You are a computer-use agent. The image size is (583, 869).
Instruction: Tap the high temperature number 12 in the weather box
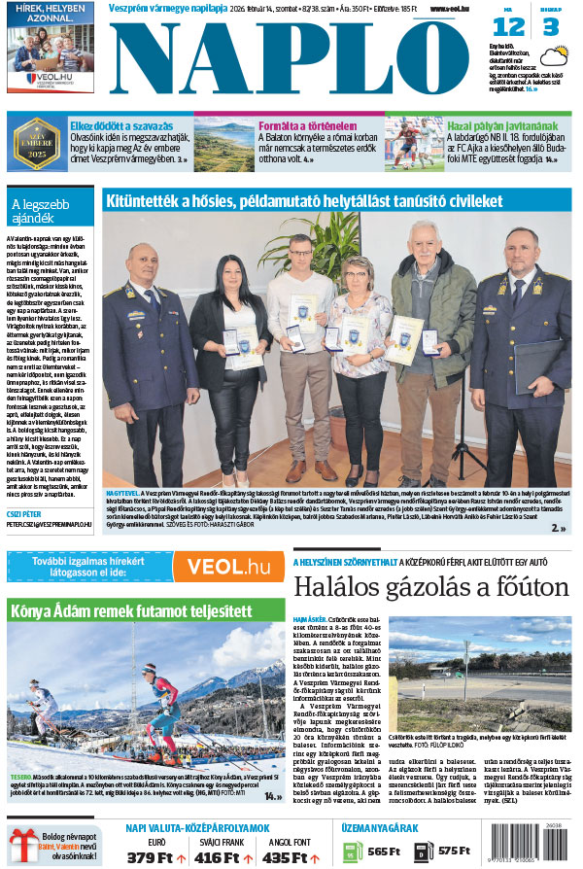(508, 28)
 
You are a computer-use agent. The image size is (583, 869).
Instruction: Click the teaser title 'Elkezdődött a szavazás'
(121, 126)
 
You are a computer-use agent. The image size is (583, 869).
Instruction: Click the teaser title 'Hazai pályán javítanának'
(502, 126)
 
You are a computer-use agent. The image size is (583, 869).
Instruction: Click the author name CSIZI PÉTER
(24, 513)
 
